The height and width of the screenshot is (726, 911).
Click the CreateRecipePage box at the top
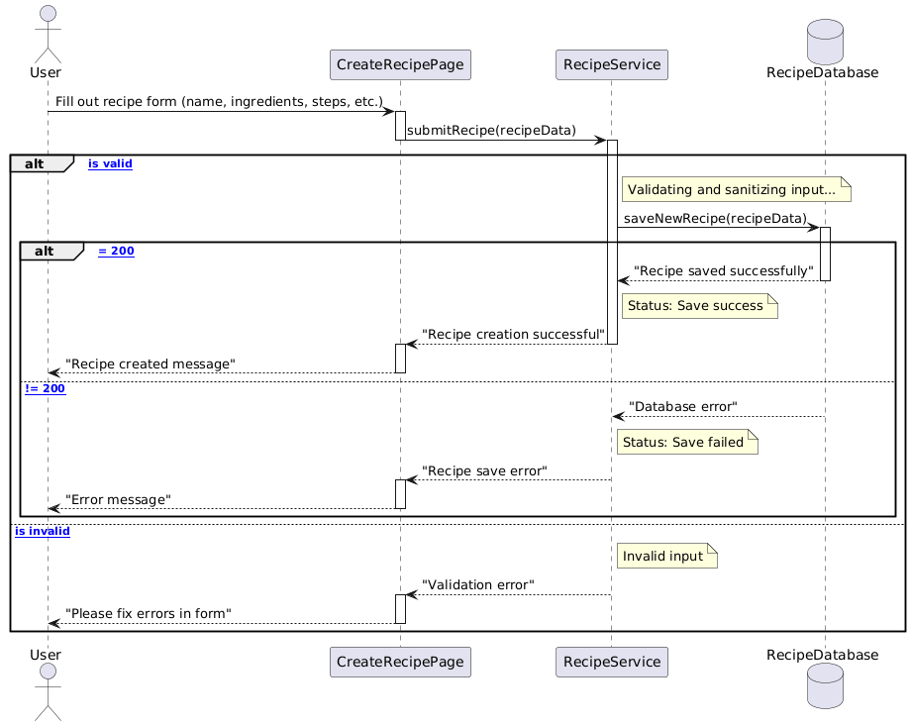[399, 65]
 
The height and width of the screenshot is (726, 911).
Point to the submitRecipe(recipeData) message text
[491, 131]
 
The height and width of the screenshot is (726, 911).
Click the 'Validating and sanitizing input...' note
[736, 189]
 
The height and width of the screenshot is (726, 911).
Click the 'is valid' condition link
[110, 163]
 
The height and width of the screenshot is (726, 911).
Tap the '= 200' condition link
[116, 252]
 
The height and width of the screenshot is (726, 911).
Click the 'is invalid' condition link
[43, 531]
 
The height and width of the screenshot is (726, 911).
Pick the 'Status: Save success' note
[698, 307]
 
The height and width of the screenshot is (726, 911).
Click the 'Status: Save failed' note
[687, 443]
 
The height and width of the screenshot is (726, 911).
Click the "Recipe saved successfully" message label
[723, 270]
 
